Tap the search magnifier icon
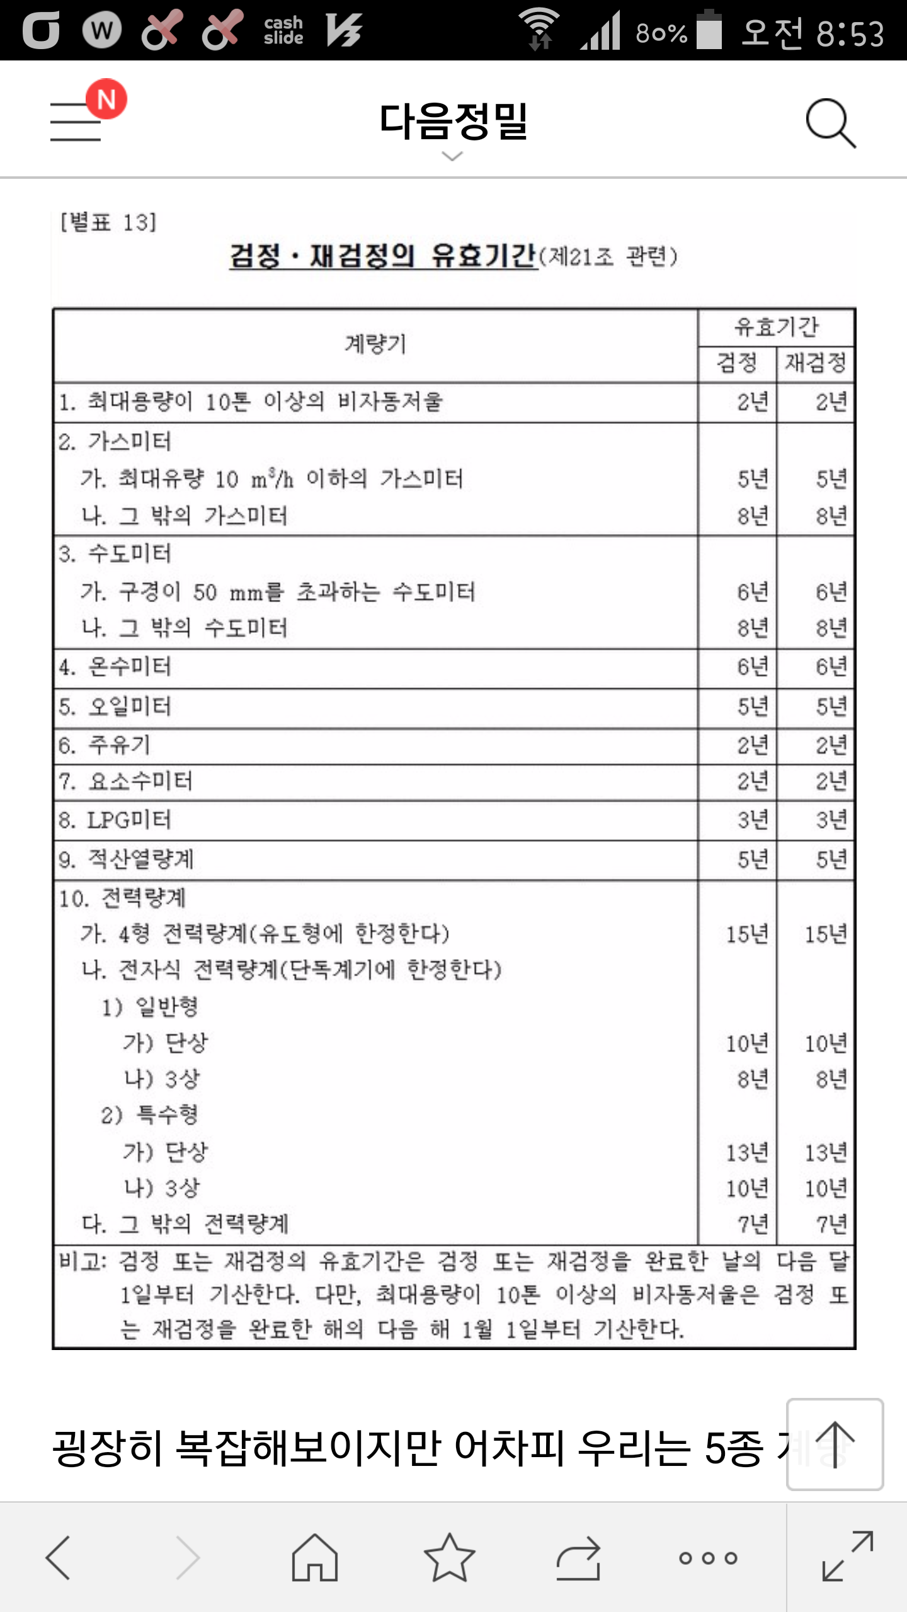(x=830, y=122)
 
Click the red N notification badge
(x=106, y=99)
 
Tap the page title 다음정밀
(x=453, y=122)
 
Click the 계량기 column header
(x=375, y=344)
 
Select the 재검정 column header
(x=815, y=363)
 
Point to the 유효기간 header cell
(x=776, y=327)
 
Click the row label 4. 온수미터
(x=115, y=667)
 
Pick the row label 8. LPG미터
(x=115, y=820)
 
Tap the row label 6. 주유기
(x=105, y=746)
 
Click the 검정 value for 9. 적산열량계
(x=753, y=860)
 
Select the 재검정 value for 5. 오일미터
(x=831, y=707)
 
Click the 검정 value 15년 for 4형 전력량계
(x=747, y=934)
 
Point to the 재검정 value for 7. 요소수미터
(x=831, y=782)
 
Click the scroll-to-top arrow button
(x=835, y=1445)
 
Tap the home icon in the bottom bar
(x=314, y=1558)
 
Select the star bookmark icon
(x=449, y=1558)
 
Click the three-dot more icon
(x=708, y=1558)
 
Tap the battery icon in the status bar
(x=709, y=30)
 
